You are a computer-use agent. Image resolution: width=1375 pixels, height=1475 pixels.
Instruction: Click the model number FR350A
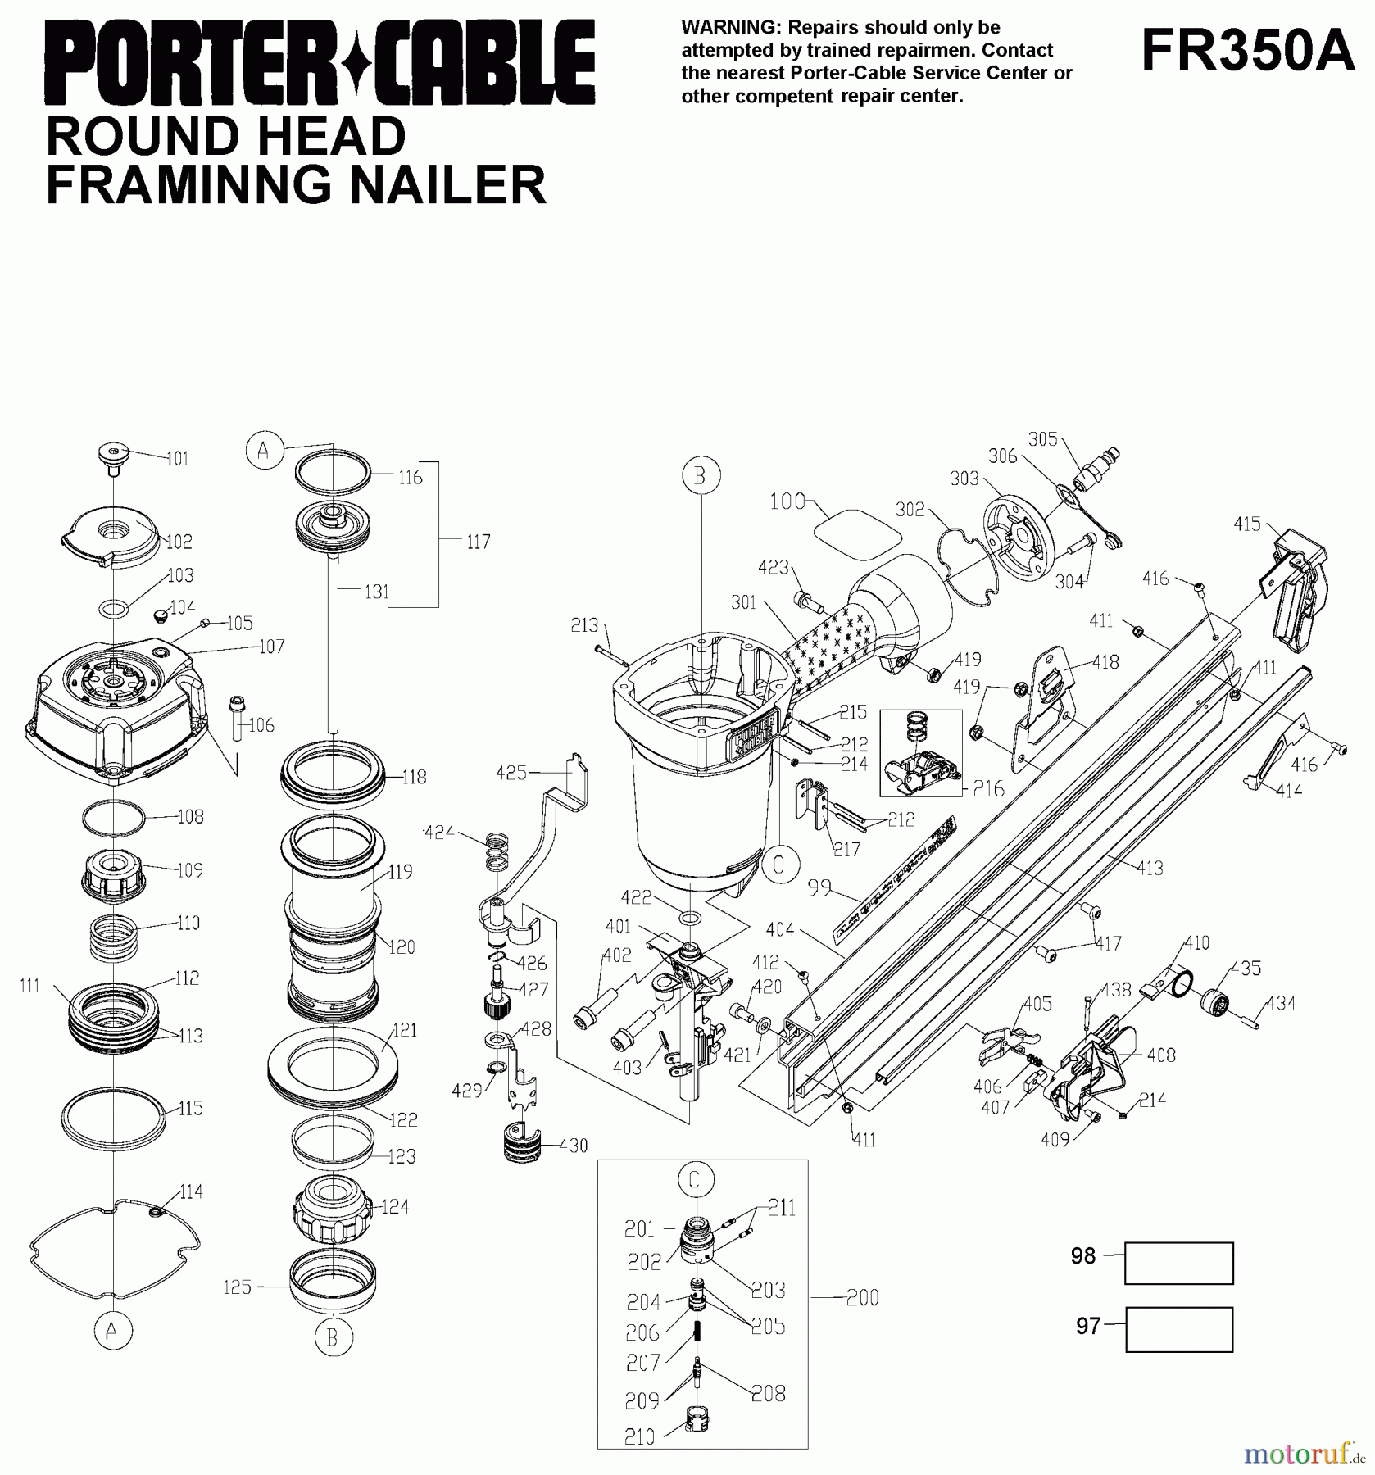(1248, 51)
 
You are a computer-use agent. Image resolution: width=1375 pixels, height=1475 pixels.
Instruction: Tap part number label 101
(177, 458)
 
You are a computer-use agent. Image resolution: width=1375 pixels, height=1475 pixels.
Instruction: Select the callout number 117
(479, 542)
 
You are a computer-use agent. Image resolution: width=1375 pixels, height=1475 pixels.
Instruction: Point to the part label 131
(377, 592)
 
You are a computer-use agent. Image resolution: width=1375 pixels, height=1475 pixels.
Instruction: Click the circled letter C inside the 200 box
(694, 1180)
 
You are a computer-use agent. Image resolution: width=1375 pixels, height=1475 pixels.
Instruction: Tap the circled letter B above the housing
(700, 476)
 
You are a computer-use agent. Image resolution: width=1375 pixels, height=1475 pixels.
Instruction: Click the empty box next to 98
(1178, 1263)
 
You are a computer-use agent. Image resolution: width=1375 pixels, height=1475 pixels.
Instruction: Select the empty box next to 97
(1178, 1329)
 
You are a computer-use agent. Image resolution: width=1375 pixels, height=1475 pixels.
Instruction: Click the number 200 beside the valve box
(862, 1297)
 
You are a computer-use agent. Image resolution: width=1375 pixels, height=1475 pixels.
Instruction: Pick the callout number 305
(1043, 439)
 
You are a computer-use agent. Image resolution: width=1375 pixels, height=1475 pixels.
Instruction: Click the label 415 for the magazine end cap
(1247, 524)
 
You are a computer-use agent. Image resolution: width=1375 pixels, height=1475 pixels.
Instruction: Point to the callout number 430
(573, 1146)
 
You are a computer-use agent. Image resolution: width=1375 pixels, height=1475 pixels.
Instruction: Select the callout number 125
(237, 1287)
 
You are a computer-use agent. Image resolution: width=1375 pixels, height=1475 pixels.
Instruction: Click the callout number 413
(1150, 868)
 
